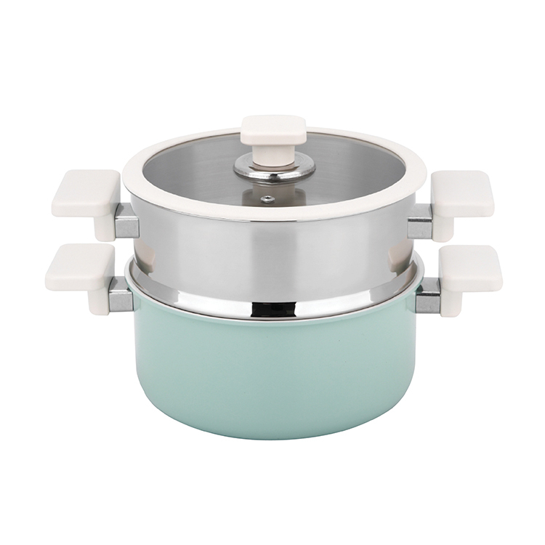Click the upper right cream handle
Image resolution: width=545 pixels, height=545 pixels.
coord(462,194)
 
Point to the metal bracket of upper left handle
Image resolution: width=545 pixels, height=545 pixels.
coord(126,220)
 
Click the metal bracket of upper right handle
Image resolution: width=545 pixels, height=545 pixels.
coord(419,222)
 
